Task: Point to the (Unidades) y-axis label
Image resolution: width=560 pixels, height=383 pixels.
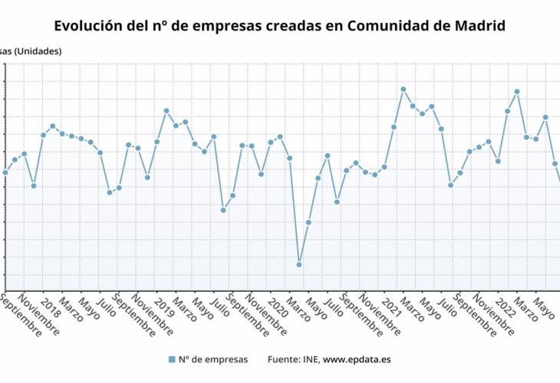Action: [x=37, y=51]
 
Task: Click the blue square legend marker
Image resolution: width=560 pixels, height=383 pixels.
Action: [x=171, y=358]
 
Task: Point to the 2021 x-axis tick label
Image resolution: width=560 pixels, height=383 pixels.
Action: [x=392, y=306]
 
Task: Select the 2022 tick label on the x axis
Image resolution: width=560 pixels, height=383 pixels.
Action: [x=506, y=306]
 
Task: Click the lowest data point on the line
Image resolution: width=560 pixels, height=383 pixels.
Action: [x=299, y=264]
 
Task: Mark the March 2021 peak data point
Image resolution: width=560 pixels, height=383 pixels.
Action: [x=403, y=90]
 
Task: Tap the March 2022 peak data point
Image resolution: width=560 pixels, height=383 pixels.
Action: [x=517, y=92]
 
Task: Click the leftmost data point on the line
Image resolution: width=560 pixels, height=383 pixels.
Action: [x=5, y=172]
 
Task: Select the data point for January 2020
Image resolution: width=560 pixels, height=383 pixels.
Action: [x=280, y=136]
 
